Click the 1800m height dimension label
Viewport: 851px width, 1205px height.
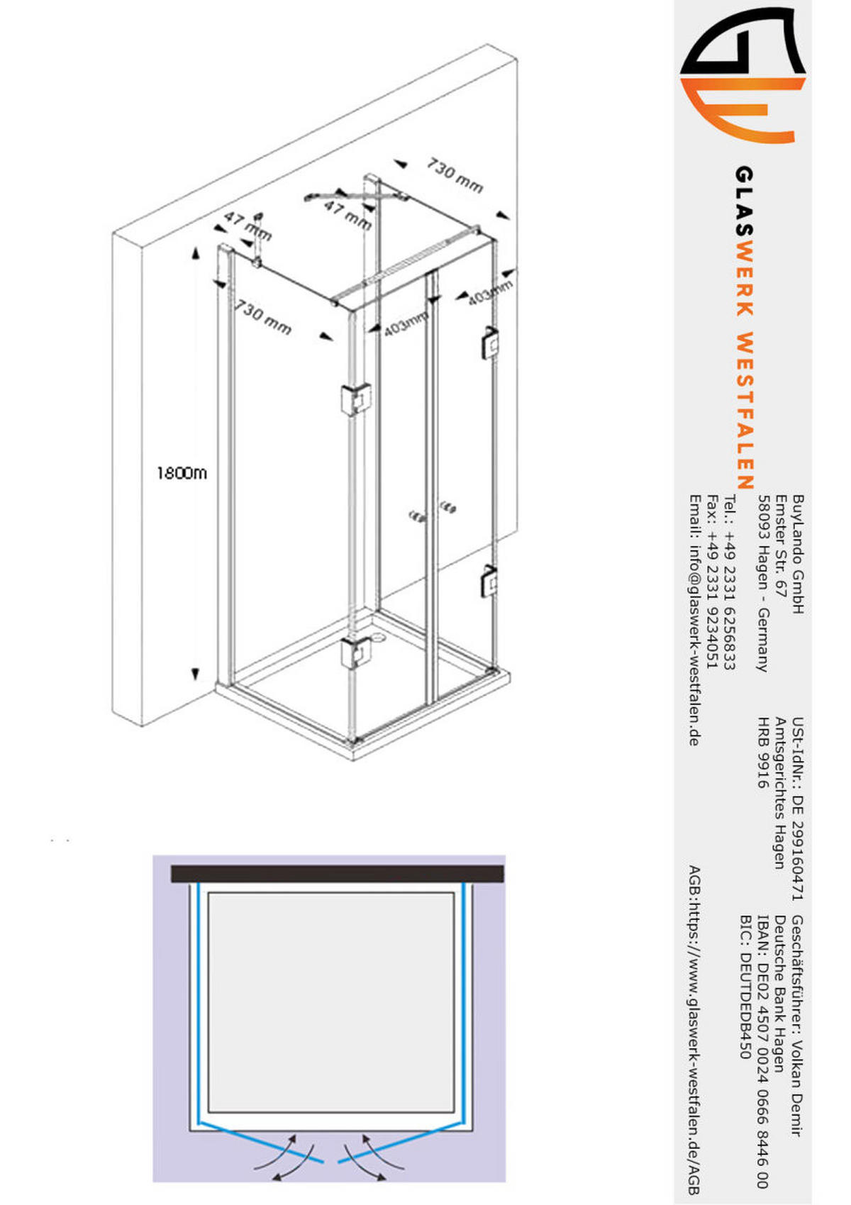(182, 473)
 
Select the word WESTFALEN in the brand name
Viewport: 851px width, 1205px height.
(745, 411)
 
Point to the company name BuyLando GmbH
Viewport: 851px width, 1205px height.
(798, 555)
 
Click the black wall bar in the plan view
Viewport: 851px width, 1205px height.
(338, 874)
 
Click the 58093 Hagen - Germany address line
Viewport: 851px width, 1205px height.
(763, 583)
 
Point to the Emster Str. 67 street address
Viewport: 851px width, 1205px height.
(781, 545)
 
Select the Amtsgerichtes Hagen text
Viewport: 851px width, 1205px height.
(780, 793)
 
